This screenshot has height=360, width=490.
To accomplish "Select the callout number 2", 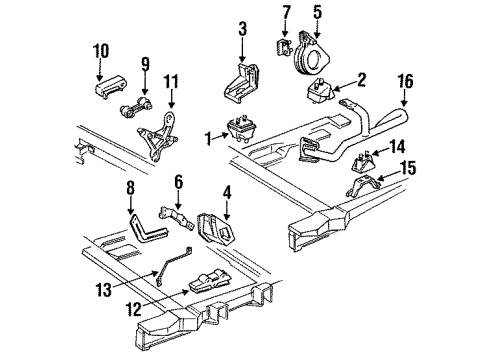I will coord(362,78).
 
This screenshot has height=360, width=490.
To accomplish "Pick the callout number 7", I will coord(285,13).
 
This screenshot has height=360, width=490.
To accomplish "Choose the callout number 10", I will coord(101,49).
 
